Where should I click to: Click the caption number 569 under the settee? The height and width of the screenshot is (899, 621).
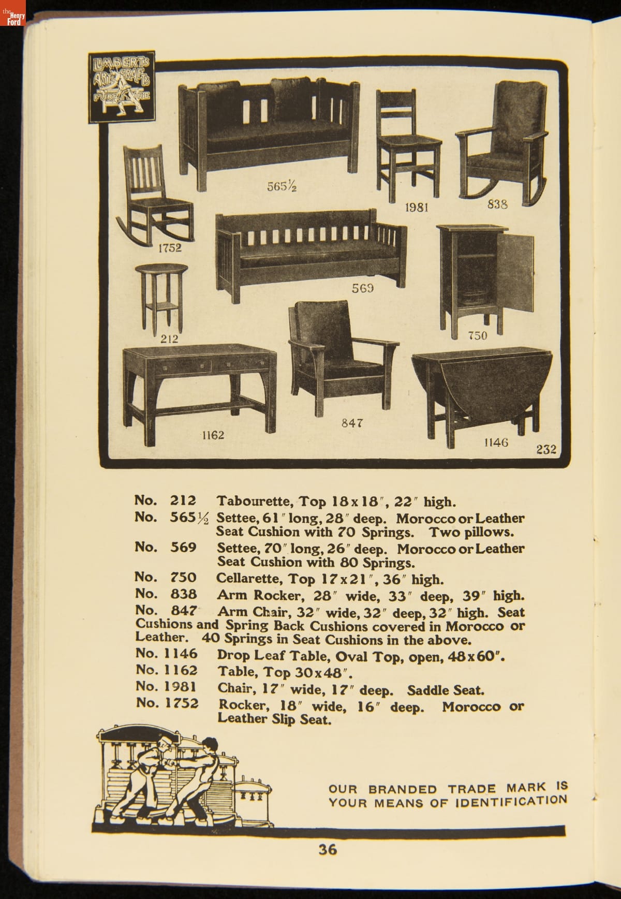click(x=363, y=288)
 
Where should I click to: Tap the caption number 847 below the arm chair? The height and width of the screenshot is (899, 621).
click(x=352, y=423)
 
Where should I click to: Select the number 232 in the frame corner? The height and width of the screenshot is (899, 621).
click(x=546, y=449)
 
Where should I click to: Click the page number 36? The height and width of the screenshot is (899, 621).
click(x=328, y=849)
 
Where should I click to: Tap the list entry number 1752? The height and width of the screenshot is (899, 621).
click(x=182, y=703)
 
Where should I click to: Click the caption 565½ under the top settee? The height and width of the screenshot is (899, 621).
click(x=282, y=186)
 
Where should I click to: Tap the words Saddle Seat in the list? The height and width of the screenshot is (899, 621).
click(x=446, y=690)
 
